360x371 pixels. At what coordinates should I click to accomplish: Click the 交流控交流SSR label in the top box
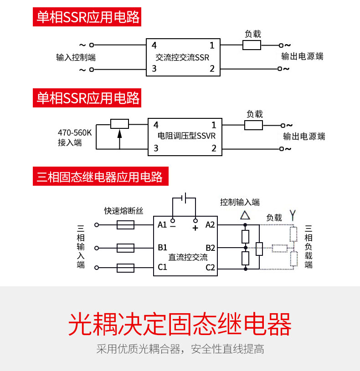(182, 58)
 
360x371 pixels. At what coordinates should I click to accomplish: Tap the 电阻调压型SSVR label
(185, 136)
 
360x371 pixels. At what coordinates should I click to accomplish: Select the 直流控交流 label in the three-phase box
(188, 257)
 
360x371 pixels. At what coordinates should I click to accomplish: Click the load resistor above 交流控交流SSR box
(252, 45)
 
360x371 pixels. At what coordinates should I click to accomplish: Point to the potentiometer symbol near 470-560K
(119, 124)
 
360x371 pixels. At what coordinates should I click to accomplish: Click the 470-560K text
(75, 133)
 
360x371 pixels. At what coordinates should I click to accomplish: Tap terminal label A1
(163, 224)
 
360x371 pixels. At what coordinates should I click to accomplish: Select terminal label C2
(210, 267)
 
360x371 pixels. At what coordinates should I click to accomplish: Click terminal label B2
(210, 248)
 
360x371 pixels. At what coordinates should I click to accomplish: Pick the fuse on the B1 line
(125, 248)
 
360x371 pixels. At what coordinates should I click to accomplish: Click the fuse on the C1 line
(125, 268)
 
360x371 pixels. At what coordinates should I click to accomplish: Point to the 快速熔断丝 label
(123, 211)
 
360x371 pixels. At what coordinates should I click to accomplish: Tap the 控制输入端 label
(240, 202)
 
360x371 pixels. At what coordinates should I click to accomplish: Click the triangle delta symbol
(245, 215)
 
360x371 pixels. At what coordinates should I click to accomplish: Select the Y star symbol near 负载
(293, 214)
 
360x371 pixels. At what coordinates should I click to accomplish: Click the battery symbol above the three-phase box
(184, 198)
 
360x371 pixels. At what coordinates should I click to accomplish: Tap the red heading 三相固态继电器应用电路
(100, 177)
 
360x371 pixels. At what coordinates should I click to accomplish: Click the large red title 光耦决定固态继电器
(180, 324)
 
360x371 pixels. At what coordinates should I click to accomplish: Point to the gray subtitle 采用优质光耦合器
(180, 350)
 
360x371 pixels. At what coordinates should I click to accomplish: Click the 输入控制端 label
(76, 58)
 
